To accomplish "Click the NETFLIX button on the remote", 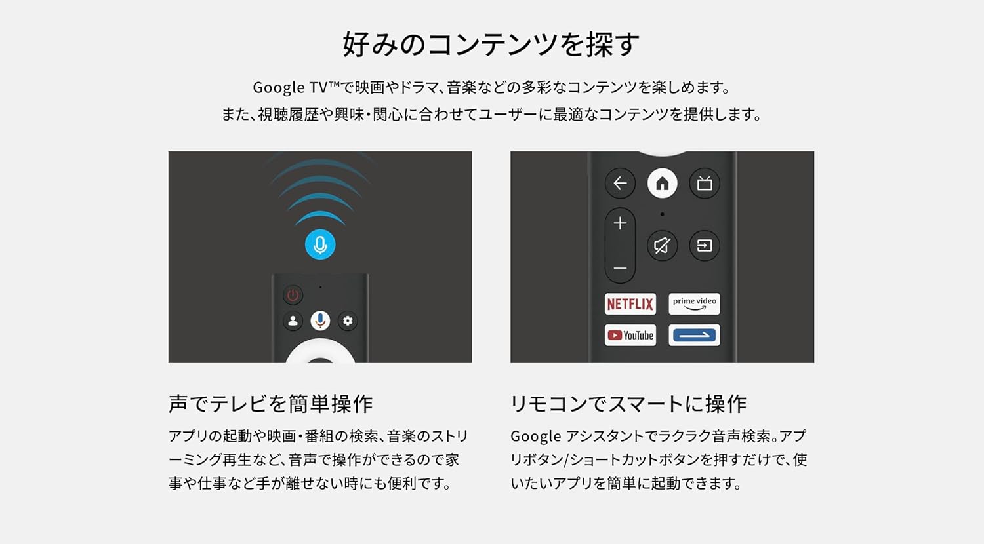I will pos(630,303).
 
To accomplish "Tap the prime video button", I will pos(694,303).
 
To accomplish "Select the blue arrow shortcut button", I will pos(694,335).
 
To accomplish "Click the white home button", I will pos(662,184).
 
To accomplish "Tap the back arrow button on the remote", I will pos(620,184).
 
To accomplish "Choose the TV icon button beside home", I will pos(705,184).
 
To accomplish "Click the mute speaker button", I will pos(662,246).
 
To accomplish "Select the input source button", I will pos(705,246).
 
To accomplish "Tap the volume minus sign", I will pos(620,269).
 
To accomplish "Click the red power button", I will pos(293,295).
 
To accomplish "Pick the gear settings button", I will pos(348,321).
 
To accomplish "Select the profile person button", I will pos(293,321).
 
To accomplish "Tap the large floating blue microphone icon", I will pos(320,245).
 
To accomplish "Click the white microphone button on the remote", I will pos(320,321).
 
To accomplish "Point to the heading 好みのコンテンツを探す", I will pos(491,45).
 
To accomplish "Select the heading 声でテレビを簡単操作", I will pos(270,404).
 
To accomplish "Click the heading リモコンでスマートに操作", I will pos(628,404).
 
